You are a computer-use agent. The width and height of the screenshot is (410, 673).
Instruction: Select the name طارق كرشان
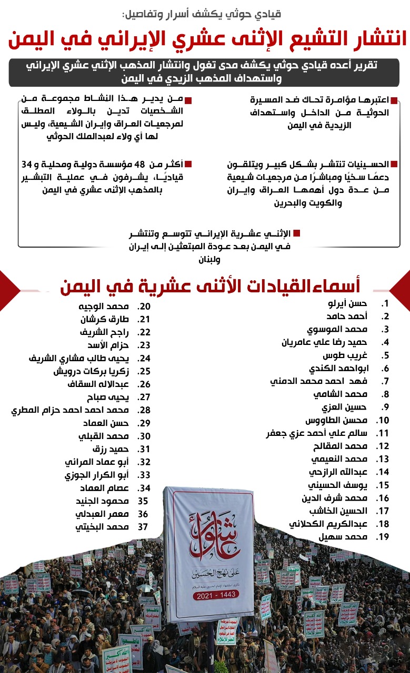pos(105,319)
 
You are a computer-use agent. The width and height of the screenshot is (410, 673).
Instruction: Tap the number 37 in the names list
pos(143,527)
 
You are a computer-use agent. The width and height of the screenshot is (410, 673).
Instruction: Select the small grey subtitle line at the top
pos(205,13)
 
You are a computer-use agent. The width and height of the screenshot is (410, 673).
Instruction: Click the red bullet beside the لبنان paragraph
pos(297,233)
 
